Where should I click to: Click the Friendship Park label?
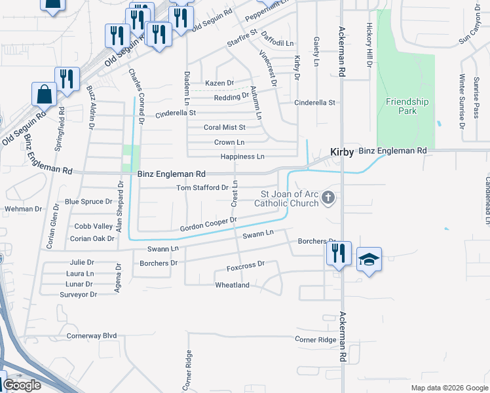point(407,106)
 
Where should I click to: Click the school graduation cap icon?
point(369,259)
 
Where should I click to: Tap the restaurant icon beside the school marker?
point(339,253)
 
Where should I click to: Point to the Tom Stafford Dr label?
point(203,188)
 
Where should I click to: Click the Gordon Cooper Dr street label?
point(208,225)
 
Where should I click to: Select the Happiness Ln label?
point(242,157)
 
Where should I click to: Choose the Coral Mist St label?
point(224,128)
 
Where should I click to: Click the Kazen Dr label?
point(219,83)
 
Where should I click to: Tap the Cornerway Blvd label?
point(92,335)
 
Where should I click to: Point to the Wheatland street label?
point(233,285)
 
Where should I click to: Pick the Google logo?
point(22,385)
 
